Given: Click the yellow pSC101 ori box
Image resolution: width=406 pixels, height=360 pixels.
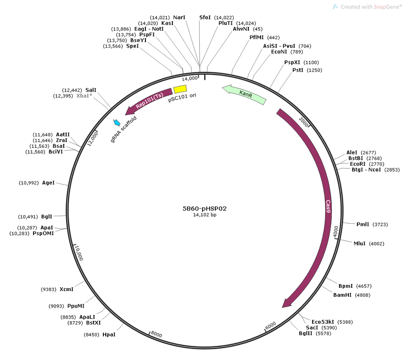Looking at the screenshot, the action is click(x=180, y=89).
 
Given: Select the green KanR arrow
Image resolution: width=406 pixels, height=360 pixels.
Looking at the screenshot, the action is click(x=244, y=94).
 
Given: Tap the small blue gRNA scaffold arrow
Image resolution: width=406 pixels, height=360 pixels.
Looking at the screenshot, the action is click(x=117, y=123).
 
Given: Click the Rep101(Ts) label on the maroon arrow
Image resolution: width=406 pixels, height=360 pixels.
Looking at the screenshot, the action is click(x=149, y=100).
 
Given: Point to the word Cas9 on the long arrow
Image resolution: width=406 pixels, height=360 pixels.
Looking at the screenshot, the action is click(x=328, y=206).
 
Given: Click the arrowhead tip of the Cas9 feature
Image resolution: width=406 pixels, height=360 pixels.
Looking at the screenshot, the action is click(x=282, y=308).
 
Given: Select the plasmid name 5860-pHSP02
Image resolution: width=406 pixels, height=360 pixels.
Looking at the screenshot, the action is click(x=204, y=209).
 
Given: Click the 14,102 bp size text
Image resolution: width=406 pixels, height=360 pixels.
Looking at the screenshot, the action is click(x=204, y=215).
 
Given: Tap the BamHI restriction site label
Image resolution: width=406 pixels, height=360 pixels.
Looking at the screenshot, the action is click(x=342, y=295).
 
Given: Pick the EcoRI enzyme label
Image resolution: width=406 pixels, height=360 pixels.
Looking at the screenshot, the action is click(x=357, y=164).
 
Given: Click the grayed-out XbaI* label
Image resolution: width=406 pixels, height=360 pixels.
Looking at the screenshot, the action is click(x=85, y=96).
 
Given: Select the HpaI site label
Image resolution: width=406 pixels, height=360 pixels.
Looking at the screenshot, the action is click(x=109, y=335).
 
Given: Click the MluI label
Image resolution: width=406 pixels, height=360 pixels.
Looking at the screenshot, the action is click(x=359, y=243).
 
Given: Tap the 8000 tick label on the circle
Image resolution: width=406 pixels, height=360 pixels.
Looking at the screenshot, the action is click(x=156, y=334).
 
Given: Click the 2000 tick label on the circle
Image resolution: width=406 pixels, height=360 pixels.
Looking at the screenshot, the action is click(x=304, y=122).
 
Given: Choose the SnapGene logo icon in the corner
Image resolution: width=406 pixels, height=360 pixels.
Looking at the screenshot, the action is click(x=335, y=7).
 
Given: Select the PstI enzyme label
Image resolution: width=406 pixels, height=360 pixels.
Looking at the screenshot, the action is click(x=298, y=70).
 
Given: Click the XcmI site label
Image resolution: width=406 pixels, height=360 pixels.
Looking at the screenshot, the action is click(x=67, y=289).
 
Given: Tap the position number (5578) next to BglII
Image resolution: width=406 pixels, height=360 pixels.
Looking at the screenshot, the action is click(x=323, y=334).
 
